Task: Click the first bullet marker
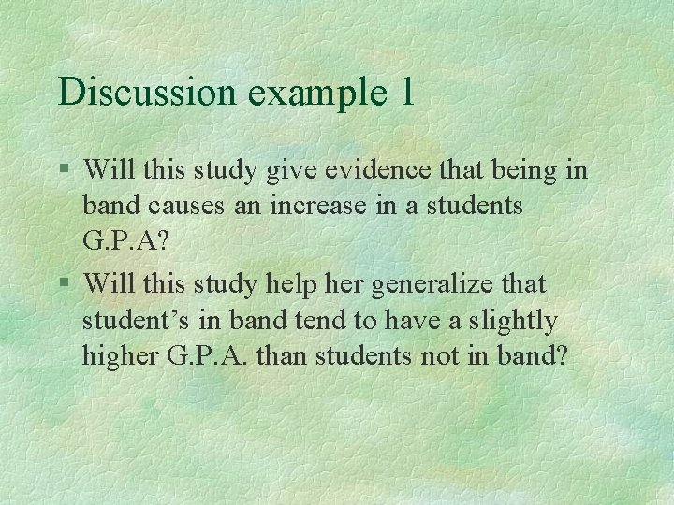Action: (x=64, y=170)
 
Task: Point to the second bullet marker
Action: (x=64, y=282)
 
